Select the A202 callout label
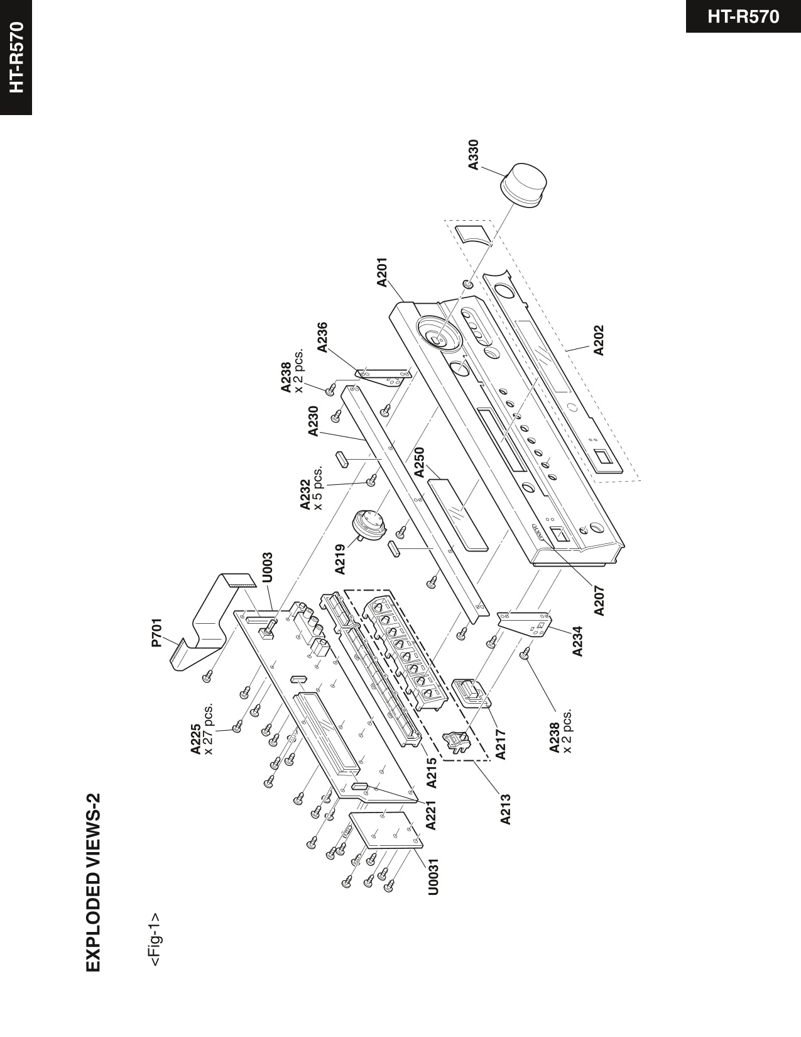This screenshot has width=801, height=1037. point(599,340)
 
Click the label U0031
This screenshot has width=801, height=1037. point(433,876)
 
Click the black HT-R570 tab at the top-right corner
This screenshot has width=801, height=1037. point(743,16)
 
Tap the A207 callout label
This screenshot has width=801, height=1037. point(599,600)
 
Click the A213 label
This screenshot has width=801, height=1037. point(506,809)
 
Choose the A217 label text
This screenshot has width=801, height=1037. point(501,744)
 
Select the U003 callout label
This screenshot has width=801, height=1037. point(267,567)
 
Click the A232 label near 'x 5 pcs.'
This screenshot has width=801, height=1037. point(306,496)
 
